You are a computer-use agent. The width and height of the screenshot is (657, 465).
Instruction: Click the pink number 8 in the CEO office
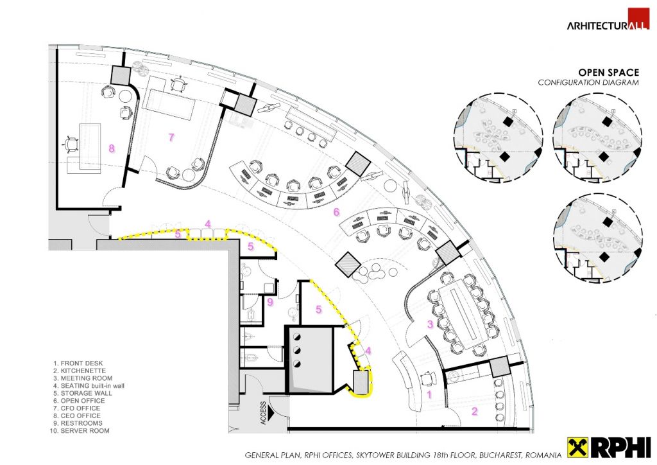click(x=112, y=148)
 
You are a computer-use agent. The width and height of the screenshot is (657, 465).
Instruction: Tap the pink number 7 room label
click(x=171, y=137)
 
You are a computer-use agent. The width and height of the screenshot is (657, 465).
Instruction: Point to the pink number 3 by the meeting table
click(x=430, y=325)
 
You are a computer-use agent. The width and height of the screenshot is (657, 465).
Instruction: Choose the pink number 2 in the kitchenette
click(x=475, y=411)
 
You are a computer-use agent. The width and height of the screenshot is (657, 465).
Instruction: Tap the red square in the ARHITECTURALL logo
click(x=638, y=19)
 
